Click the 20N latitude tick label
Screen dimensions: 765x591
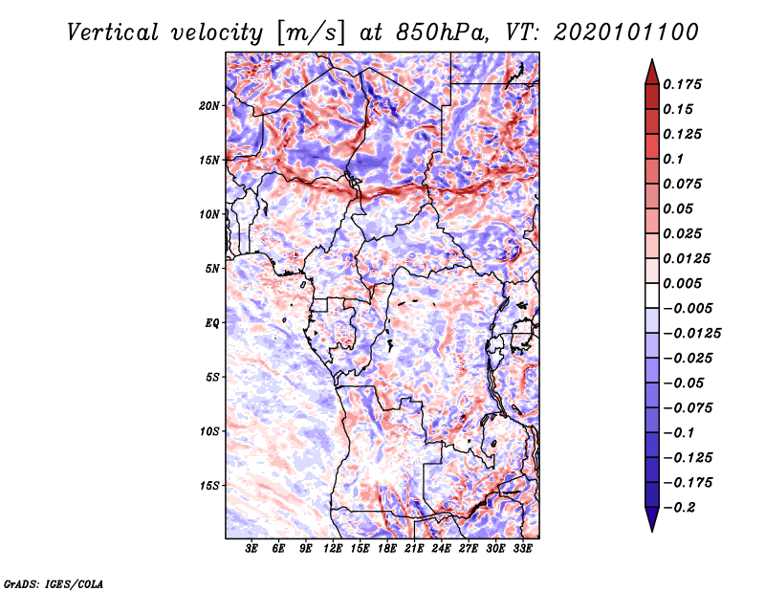click(x=208, y=106)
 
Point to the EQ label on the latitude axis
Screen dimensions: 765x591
click(x=212, y=323)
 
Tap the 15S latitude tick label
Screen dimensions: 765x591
click(x=209, y=486)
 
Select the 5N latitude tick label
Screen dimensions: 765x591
click(x=212, y=269)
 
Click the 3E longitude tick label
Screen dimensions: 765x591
click(x=251, y=549)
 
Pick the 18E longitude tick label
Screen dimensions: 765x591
click(x=387, y=549)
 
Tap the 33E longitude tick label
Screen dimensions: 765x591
click(x=522, y=549)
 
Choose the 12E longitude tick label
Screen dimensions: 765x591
click(x=333, y=549)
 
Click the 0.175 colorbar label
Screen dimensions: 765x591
click(x=682, y=84)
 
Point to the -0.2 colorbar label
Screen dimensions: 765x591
click(x=678, y=508)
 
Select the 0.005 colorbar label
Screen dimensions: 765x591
click(x=682, y=283)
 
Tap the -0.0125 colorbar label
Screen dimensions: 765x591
click(x=691, y=334)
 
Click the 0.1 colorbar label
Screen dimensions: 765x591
click(x=673, y=159)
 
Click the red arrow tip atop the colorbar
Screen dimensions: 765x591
click(x=652, y=60)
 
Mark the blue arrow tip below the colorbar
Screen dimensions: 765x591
click(x=652, y=531)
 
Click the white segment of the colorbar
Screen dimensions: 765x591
click(x=652, y=295)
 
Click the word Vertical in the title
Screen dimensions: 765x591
click(x=113, y=33)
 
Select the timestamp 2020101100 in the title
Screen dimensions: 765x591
click(x=626, y=33)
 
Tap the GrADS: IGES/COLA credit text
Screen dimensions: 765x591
click(x=54, y=583)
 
